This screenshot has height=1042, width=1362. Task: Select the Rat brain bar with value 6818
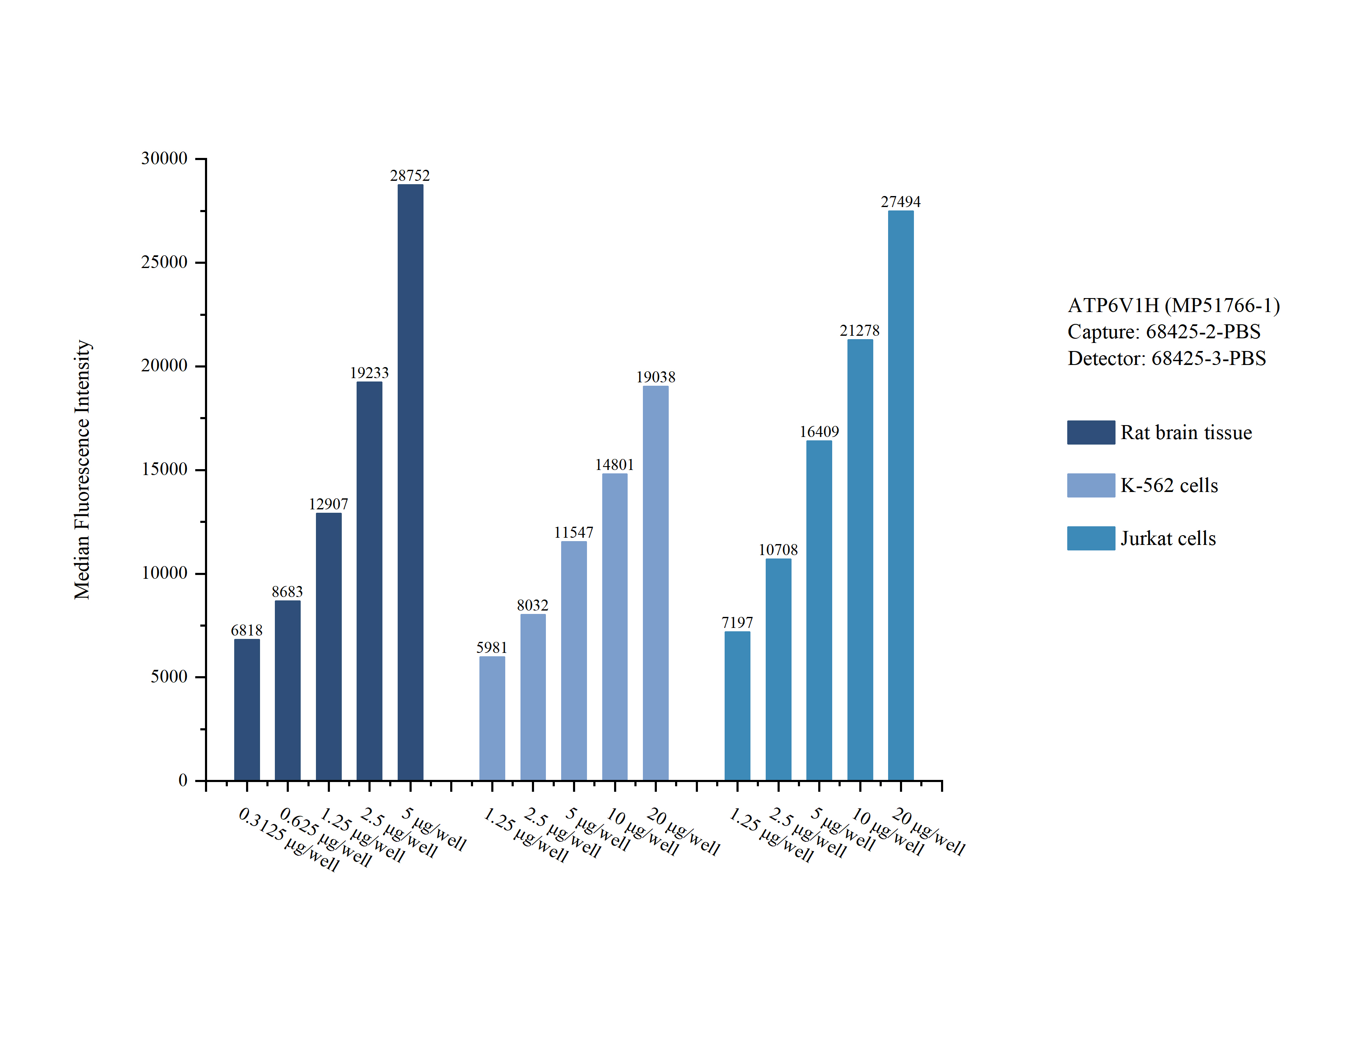point(247,710)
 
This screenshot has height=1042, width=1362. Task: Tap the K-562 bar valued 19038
point(656,583)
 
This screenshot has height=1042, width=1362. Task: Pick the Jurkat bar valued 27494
point(900,495)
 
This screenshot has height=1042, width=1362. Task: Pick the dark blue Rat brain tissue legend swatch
point(1091,432)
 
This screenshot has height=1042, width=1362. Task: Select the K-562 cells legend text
point(1169,485)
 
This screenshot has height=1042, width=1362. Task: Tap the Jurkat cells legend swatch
point(1091,539)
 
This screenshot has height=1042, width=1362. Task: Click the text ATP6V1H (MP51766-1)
point(1174,305)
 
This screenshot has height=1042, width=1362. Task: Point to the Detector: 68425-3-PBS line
point(1167,359)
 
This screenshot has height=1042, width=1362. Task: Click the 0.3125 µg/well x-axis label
point(289,839)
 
